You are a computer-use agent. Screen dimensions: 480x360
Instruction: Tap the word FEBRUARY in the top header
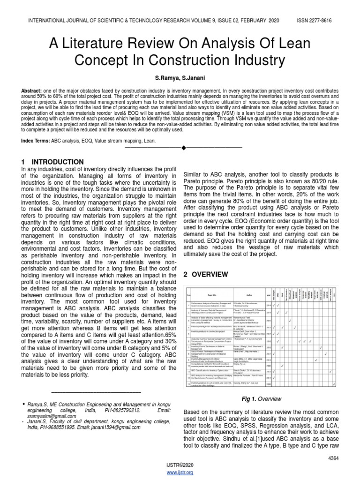click(252, 21)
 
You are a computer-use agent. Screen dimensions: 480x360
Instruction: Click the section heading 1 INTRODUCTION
click(52, 162)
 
